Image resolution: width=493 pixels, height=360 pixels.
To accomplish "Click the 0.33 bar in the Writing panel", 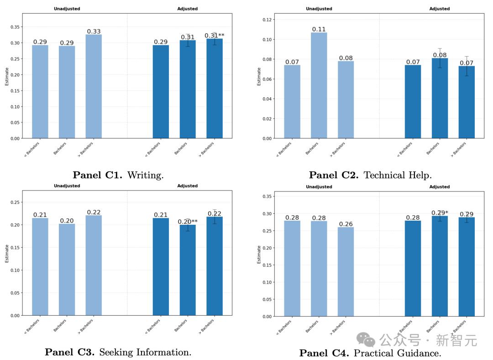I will coord(94,87).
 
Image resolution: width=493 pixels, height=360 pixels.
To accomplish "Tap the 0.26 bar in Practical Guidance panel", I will coord(346,272).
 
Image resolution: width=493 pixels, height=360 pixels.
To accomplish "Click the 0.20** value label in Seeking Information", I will coord(188,222).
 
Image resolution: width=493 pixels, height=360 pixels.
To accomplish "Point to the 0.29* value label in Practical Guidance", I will coord(440,213).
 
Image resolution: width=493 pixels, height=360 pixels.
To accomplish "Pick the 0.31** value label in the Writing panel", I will coord(214,36).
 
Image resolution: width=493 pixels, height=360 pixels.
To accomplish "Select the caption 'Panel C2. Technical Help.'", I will coord(370,175).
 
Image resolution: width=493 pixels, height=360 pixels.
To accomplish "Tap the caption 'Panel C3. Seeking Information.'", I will coord(118,352).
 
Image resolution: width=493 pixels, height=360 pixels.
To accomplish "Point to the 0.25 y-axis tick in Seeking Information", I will coord(16,202).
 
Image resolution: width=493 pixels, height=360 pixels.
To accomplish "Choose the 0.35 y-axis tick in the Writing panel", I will coord(16,27).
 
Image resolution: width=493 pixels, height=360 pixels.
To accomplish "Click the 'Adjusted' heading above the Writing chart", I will coord(187,9).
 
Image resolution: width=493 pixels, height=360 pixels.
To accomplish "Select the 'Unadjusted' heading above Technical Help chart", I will coord(319,9).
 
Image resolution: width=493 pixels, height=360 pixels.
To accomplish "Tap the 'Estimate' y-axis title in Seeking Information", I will coord(7,253).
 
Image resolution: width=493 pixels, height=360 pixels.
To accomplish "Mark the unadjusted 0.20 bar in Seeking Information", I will coord(67,270).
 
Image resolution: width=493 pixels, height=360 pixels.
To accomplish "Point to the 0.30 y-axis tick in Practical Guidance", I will coord(268,213).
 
